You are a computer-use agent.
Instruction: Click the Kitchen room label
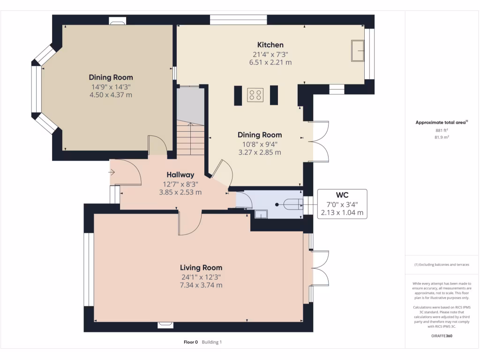pyautogui.click(x=270, y=45)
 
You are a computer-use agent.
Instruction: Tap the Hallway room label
pyautogui.click(x=180, y=175)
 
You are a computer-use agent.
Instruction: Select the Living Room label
pyautogui.click(x=201, y=268)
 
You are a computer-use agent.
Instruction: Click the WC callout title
pyautogui.click(x=342, y=195)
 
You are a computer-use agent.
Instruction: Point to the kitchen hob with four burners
pyautogui.click(x=255, y=95)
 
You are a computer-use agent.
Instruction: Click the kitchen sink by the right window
pyautogui.click(x=358, y=51)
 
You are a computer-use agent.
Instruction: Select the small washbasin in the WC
pyautogui.click(x=261, y=214)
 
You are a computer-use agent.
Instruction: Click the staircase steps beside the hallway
pyautogui.click(x=190, y=137)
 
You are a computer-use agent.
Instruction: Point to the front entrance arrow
pyautogui.click(x=112, y=172)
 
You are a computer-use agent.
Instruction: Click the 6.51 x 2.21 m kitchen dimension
pyautogui.click(x=270, y=62)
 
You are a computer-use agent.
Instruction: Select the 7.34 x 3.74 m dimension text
pyautogui.click(x=201, y=285)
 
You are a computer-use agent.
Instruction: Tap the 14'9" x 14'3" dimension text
pyautogui.click(x=111, y=87)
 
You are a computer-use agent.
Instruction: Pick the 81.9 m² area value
pyautogui.click(x=442, y=137)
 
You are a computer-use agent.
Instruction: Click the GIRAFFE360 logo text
pyautogui.click(x=442, y=336)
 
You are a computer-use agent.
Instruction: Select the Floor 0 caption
pyautogui.click(x=191, y=342)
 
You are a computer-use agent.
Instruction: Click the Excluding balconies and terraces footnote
pyautogui.click(x=442, y=264)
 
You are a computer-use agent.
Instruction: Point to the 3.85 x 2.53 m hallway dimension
pyautogui.click(x=180, y=193)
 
